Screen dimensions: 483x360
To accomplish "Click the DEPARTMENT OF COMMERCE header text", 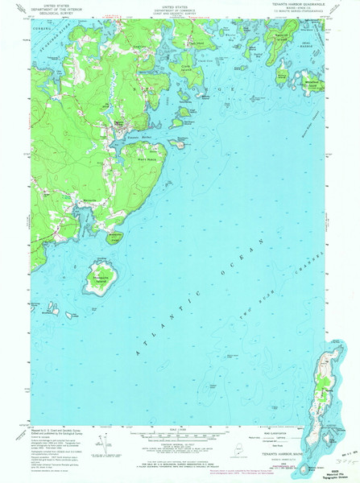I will coord(180,9).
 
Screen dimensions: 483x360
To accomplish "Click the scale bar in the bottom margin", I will coord(180,436).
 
